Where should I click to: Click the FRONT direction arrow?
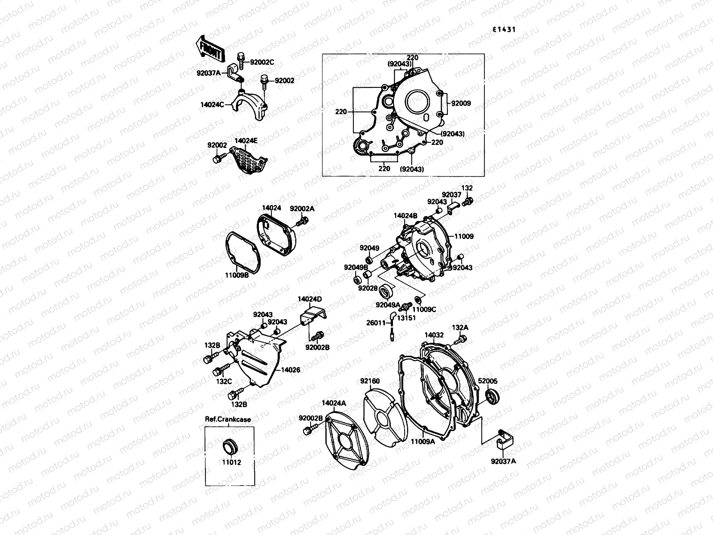pos(209,48)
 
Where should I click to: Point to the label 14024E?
pos(246,140)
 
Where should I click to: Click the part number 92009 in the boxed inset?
pos(461,103)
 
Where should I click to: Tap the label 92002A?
pos(303,208)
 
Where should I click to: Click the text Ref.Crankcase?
pos(228,419)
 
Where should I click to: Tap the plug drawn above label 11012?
pos(230,446)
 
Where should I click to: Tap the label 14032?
pos(433,334)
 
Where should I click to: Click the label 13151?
pos(406,318)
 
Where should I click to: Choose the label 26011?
pos(375,323)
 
